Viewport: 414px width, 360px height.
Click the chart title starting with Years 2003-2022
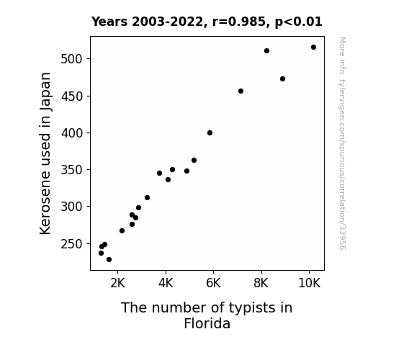207,22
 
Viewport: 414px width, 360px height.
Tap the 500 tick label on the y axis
71,58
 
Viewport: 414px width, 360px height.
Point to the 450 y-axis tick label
71,96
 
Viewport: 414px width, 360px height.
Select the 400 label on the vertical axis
71,133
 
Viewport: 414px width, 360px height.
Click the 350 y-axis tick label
71,170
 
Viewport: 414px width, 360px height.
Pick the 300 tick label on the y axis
71,207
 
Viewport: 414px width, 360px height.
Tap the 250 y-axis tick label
71,244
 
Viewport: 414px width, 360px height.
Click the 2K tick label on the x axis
118,283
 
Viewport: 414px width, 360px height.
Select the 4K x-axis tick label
166,283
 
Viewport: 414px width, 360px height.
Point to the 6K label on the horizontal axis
213,283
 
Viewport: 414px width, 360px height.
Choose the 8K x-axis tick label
261,283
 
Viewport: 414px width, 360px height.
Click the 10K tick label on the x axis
309,283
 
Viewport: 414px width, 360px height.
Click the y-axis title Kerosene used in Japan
45,153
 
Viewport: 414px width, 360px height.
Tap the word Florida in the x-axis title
207,323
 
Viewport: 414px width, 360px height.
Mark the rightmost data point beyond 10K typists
313,48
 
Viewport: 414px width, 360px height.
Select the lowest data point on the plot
109,260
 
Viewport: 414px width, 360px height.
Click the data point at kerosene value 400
210,133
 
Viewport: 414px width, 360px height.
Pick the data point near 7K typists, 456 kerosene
240,91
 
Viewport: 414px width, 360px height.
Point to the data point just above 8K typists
266,50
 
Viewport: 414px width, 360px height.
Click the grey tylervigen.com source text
343,143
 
